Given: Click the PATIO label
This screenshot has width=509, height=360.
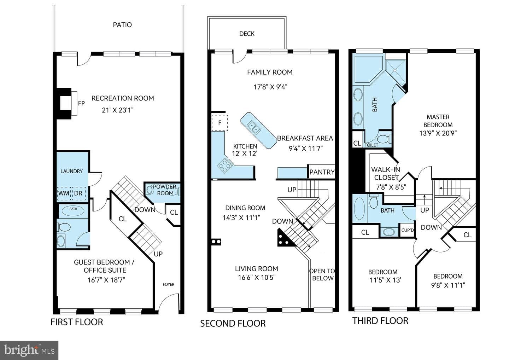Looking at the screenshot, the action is pyautogui.click(x=122, y=25).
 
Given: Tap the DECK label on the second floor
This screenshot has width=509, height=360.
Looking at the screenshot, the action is pyautogui.click(x=247, y=34).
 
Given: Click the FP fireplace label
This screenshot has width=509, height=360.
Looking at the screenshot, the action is pyautogui.click(x=81, y=103).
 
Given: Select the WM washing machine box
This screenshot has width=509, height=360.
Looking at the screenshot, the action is pyautogui.click(x=64, y=193).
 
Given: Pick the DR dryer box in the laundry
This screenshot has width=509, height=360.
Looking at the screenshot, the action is pyautogui.click(x=78, y=193).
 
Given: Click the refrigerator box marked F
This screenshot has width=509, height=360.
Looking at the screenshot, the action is pyautogui.click(x=220, y=123).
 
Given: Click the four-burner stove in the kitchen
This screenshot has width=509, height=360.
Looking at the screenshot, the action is pyautogui.click(x=225, y=166).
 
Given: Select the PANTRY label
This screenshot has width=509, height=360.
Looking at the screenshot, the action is pyautogui.click(x=322, y=172).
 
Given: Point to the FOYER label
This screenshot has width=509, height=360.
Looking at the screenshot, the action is pyautogui.click(x=168, y=284).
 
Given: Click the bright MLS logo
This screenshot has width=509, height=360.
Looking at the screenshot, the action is pyautogui.click(x=29, y=350).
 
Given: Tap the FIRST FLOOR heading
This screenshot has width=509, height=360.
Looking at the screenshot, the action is pyautogui.click(x=77, y=322).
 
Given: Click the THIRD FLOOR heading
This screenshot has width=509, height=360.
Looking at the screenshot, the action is pyautogui.click(x=380, y=321).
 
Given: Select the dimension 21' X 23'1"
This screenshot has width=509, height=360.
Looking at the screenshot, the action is pyautogui.click(x=117, y=110).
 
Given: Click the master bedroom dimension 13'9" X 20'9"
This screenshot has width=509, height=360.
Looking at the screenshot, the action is pyautogui.click(x=438, y=133).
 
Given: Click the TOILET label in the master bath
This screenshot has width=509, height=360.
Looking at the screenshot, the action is pyautogui.click(x=371, y=145).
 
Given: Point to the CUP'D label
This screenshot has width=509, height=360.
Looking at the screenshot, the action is pyautogui.click(x=408, y=230).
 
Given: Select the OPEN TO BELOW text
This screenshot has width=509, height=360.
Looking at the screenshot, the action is pyautogui.click(x=322, y=274).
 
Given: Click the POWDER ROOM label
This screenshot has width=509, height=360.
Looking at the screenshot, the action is pyautogui.click(x=165, y=190).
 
